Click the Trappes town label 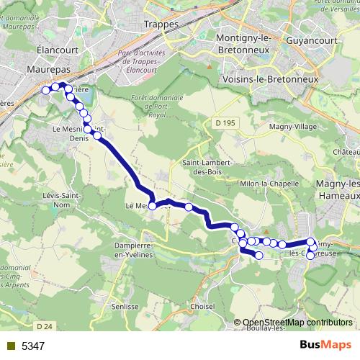click(161, 24)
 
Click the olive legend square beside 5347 click(10, 346)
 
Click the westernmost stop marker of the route click(45, 90)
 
